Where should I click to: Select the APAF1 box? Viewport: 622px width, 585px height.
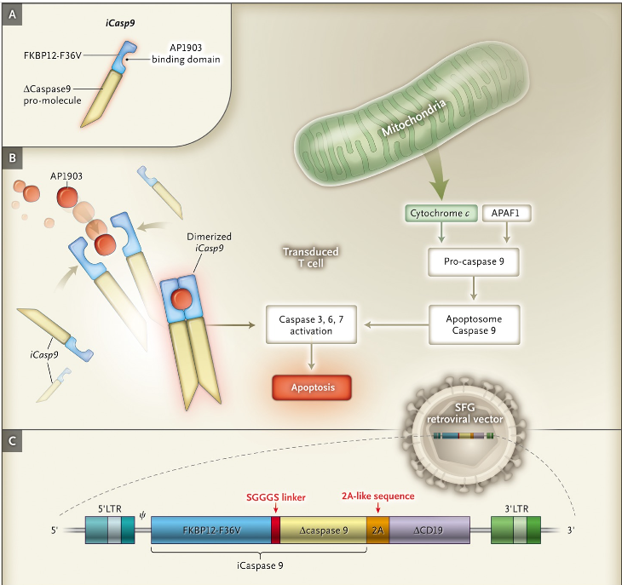tap(510, 214)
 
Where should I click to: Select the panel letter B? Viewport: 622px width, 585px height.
tap(12, 158)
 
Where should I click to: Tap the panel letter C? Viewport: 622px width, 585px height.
tap(12, 441)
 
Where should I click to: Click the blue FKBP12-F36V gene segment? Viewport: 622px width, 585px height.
tap(210, 531)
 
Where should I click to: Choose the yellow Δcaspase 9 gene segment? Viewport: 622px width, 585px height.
tap(323, 531)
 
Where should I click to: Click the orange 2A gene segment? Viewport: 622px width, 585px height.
tap(377, 531)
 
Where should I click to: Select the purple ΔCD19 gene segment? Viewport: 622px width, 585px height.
tap(429, 531)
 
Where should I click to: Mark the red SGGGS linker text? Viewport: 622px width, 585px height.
tap(275, 496)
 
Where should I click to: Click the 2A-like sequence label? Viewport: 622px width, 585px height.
tap(377, 496)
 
